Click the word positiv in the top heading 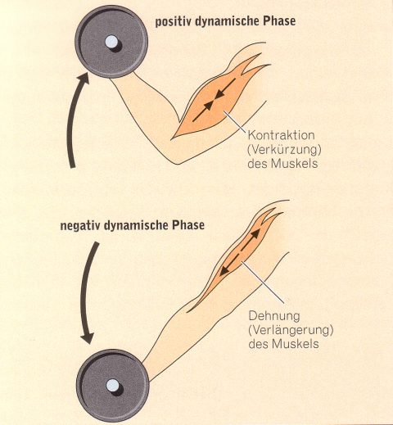[174, 22]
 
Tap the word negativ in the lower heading [80, 226]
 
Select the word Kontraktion [281, 135]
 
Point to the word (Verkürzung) [284, 150]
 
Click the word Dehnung [274, 316]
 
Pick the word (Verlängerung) [291, 330]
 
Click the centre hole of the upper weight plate [111, 42]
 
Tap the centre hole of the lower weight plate [113, 386]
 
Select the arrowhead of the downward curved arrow [88, 338]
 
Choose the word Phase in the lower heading [187, 225]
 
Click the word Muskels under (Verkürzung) [294, 164]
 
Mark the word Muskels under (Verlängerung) [296, 344]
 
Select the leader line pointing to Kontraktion [235, 122]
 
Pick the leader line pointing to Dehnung [263, 283]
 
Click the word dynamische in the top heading [228, 22]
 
